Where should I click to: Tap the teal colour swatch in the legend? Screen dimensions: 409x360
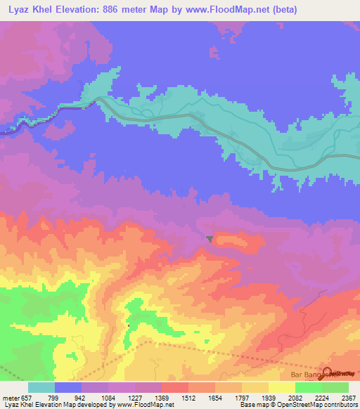click(x=41, y=387)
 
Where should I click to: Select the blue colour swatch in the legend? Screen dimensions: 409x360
click(x=68, y=387)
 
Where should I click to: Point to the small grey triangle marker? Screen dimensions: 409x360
click(x=210, y=239)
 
